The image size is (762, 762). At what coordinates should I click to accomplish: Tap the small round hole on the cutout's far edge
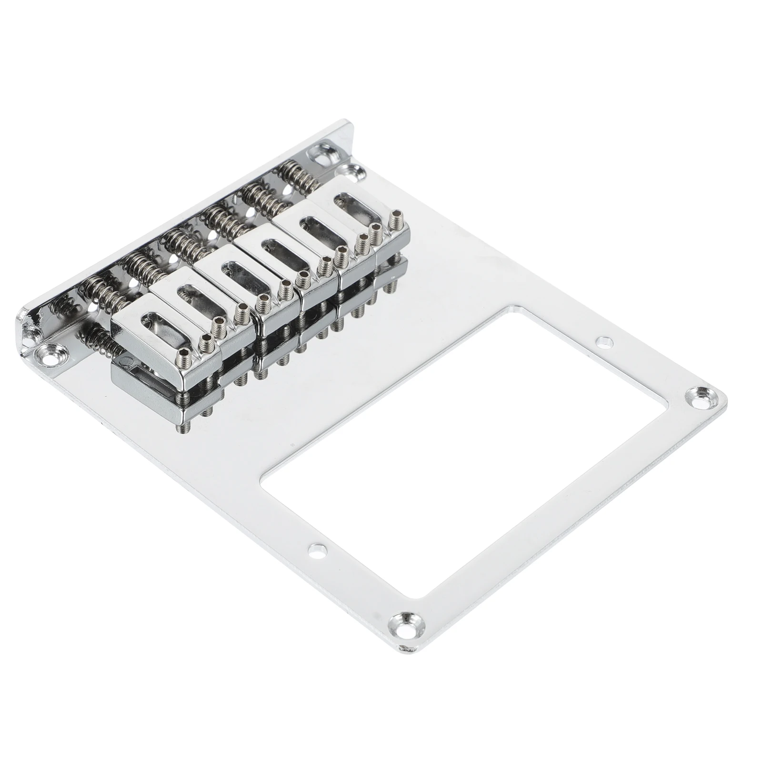pos(604,341)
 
